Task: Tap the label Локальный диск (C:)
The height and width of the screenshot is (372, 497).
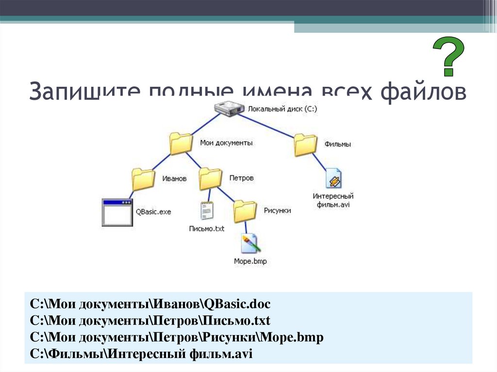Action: (282, 110)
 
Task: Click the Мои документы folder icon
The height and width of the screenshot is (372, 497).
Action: (182, 144)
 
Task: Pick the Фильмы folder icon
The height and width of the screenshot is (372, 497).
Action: (306, 145)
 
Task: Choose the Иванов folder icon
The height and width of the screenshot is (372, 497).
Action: (144, 179)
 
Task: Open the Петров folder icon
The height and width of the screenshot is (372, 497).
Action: (211, 178)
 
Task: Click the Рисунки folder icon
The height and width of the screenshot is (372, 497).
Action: (245, 211)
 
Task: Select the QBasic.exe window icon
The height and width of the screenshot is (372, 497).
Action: (117, 212)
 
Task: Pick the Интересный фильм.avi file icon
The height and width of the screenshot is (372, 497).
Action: (333, 179)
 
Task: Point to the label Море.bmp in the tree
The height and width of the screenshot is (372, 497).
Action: (250, 261)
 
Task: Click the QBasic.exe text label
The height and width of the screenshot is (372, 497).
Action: (153, 212)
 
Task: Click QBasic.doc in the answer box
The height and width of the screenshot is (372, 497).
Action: (237, 305)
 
